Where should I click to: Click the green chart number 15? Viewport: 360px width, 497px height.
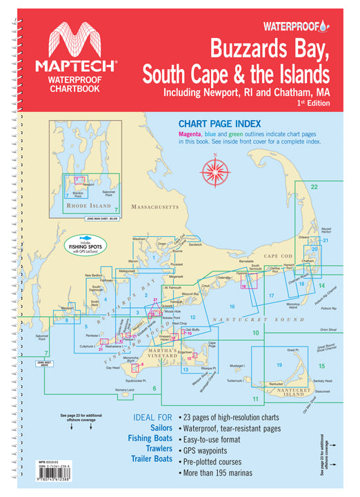[x=321, y=365]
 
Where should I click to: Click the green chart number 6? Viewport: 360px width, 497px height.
[x=154, y=389]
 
